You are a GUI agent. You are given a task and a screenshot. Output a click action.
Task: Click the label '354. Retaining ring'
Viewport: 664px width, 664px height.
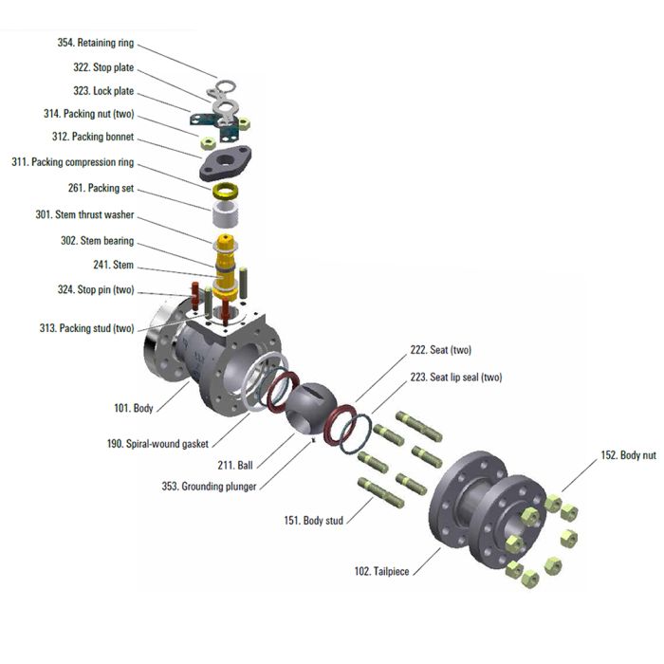click(x=96, y=43)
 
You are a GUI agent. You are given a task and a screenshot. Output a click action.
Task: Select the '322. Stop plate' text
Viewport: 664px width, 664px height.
click(x=103, y=67)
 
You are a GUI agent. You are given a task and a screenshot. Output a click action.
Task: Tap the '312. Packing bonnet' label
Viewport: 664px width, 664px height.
click(x=93, y=137)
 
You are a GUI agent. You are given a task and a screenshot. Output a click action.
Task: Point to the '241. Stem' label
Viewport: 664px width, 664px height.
click(x=114, y=265)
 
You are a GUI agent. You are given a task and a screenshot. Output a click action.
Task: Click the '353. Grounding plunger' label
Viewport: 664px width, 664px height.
click(x=209, y=486)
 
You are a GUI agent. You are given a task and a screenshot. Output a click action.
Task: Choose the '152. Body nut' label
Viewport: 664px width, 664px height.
click(x=628, y=455)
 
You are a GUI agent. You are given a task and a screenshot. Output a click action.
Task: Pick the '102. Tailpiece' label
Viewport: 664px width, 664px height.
click(x=381, y=571)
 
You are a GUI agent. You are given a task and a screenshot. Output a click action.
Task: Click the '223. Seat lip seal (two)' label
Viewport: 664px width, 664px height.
click(x=456, y=377)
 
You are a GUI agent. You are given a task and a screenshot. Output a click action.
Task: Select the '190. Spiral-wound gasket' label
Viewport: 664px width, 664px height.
click(x=157, y=444)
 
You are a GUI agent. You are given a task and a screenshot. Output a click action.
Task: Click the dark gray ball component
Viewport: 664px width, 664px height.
click(x=310, y=409)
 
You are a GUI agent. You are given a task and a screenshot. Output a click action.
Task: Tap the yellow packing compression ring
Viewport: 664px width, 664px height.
click(x=226, y=191)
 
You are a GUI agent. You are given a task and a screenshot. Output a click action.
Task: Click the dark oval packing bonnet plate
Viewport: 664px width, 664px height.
click(x=226, y=162)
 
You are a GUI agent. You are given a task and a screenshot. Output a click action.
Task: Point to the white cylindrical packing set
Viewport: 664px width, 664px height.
click(x=225, y=214)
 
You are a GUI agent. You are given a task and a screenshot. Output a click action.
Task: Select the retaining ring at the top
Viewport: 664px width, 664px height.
click(x=226, y=87)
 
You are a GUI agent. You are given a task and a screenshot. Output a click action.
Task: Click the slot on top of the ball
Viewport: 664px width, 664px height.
click(x=314, y=391)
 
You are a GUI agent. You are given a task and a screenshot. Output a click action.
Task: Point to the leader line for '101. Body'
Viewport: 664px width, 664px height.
click(x=173, y=397)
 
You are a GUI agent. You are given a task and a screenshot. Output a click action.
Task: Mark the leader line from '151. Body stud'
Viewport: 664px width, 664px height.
click(x=360, y=510)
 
